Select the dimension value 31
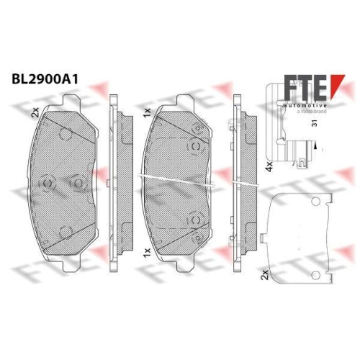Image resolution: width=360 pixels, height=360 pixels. pos(315,124)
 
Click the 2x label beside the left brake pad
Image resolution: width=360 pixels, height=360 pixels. pos(35,113)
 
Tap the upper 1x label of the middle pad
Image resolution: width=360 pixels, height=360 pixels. pos(147,113)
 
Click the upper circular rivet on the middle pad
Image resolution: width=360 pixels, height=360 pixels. pos(196,146)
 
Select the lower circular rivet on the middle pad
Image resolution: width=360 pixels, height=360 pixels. pos(196,217)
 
